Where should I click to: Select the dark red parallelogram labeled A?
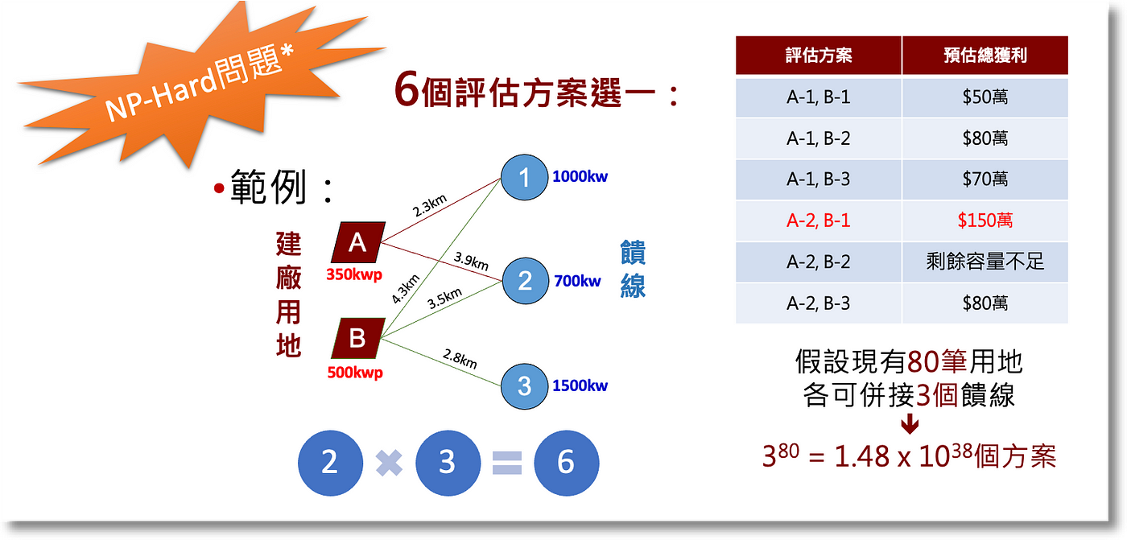pos(357,243)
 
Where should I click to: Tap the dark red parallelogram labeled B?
pos(357,338)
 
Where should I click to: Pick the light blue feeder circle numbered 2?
pos(525,281)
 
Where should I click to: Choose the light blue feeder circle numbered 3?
pos(524,385)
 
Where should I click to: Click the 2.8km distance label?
pos(460,359)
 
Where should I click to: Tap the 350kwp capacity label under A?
pos(355,274)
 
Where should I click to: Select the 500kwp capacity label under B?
pos(355,373)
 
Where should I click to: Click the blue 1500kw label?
pos(580,385)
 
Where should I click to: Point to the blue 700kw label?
pos(577,281)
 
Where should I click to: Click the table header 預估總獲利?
pos(985,56)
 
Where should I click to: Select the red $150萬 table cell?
pos(985,221)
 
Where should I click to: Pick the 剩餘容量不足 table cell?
pos(985,262)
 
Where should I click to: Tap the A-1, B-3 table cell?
pos(818,179)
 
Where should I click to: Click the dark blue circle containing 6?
pos(566,462)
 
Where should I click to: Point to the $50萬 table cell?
pos(985,97)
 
